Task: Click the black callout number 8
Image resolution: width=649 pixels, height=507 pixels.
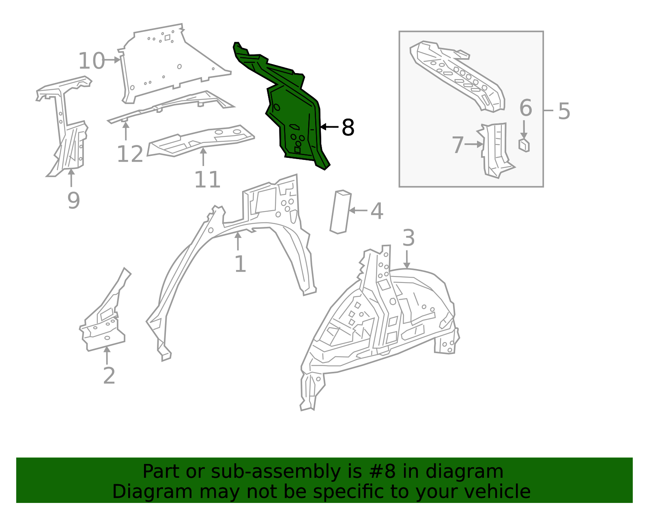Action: click(x=348, y=127)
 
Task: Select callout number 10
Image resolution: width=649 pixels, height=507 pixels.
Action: click(x=91, y=61)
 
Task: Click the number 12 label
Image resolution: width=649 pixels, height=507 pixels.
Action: click(x=130, y=154)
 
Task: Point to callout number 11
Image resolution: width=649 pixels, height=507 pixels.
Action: click(x=207, y=179)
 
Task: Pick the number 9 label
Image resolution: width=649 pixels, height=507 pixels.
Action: click(x=73, y=200)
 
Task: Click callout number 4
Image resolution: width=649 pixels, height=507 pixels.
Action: click(x=377, y=211)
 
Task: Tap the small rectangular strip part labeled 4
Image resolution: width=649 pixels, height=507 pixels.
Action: click(x=340, y=212)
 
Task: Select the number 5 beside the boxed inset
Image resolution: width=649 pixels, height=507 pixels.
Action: click(x=564, y=111)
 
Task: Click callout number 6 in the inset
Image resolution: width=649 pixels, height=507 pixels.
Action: click(x=526, y=108)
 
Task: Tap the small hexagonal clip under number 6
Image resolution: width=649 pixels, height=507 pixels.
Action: click(x=524, y=145)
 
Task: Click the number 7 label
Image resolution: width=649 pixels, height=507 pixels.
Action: click(x=458, y=145)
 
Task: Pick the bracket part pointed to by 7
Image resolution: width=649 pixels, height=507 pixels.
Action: click(x=496, y=150)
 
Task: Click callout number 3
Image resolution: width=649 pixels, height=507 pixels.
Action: click(x=408, y=238)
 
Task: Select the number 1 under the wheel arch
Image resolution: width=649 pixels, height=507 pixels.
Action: click(x=240, y=264)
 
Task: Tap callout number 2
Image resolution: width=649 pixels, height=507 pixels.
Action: click(x=109, y=375)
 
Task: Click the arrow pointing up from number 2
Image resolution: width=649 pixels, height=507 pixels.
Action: click(x=107, y=355)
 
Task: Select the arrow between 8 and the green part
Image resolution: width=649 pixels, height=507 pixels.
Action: click(x=329, y=127)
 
